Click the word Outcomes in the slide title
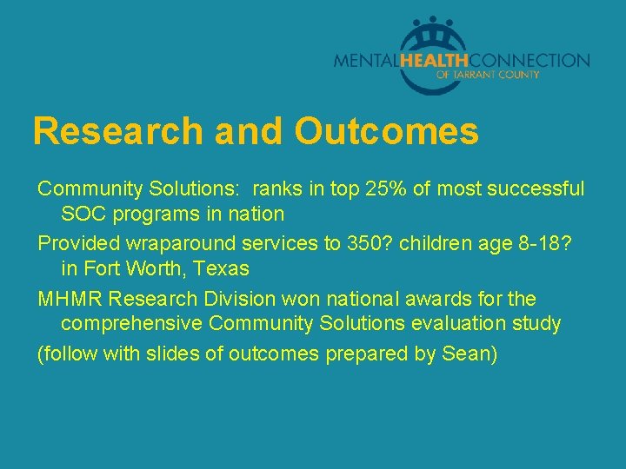point(386,132)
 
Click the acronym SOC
point(82,213)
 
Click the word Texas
point(221,268)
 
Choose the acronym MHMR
point(70,300)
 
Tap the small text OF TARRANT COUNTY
point(488,76)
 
